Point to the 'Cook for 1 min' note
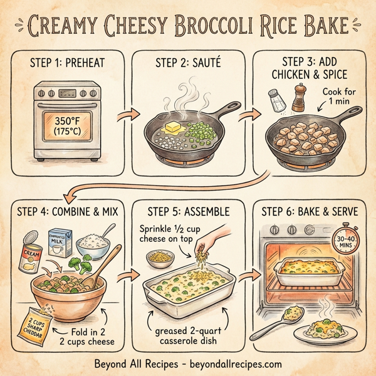point(341,98)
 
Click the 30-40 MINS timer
point(344,242)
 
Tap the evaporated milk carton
point(60,243)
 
